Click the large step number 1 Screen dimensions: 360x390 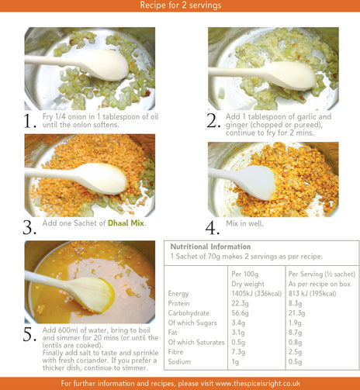pos(29,121)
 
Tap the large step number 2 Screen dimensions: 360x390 pos(213,121)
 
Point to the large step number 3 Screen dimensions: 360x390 pos(29,228)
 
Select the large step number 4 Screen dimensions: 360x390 pos(213,228)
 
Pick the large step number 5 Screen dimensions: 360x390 pos(29,334)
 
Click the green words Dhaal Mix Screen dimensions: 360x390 pos(126,223)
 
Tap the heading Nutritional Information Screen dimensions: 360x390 pos(210,247)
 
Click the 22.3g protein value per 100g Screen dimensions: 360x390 pos(240,303)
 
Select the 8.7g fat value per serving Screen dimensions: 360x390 pos(295,333)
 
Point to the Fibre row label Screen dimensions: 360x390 pos(175,352)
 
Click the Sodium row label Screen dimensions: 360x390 pos(179,361)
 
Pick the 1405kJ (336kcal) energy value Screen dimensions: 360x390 pos(256,294)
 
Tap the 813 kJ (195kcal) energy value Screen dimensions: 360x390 pos(312,294)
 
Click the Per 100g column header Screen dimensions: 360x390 pos(244,274)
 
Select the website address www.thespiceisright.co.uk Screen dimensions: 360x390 pos(258,383)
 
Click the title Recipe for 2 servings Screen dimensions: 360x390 pos(181,5)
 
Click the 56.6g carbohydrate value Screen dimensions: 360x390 pos(240,313)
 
